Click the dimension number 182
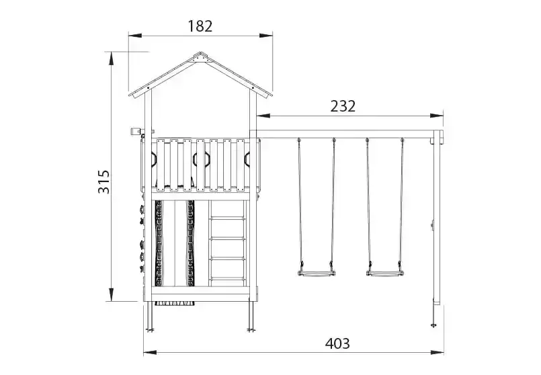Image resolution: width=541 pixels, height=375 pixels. point(200,26)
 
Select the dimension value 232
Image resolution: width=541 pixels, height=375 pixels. point(342,106)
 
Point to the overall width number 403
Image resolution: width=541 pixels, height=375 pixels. point(337,343)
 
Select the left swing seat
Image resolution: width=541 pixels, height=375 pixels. point(315,273)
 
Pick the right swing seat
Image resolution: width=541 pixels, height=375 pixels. point(384,273)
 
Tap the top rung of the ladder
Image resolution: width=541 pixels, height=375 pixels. point(228,218)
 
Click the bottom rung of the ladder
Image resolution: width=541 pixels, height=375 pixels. point(228,278)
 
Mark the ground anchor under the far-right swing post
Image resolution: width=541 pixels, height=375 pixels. point(433,324)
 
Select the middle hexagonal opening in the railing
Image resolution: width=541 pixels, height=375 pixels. point(200,159)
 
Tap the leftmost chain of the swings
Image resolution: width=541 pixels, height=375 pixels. point(299,202)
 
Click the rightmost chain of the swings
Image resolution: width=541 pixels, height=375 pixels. point(402,202)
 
